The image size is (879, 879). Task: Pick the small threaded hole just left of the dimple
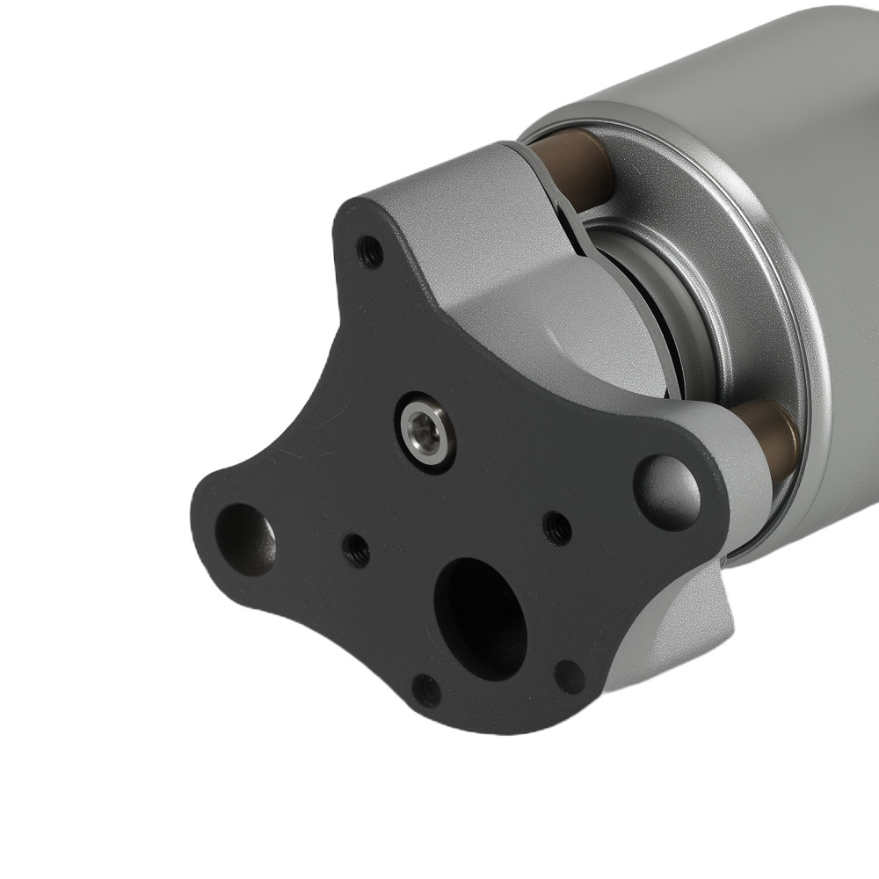(556, 527)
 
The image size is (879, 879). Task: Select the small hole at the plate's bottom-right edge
(570, 677)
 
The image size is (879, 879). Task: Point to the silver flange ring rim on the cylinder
(791, 264)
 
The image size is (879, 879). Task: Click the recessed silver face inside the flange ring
(694, 290)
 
